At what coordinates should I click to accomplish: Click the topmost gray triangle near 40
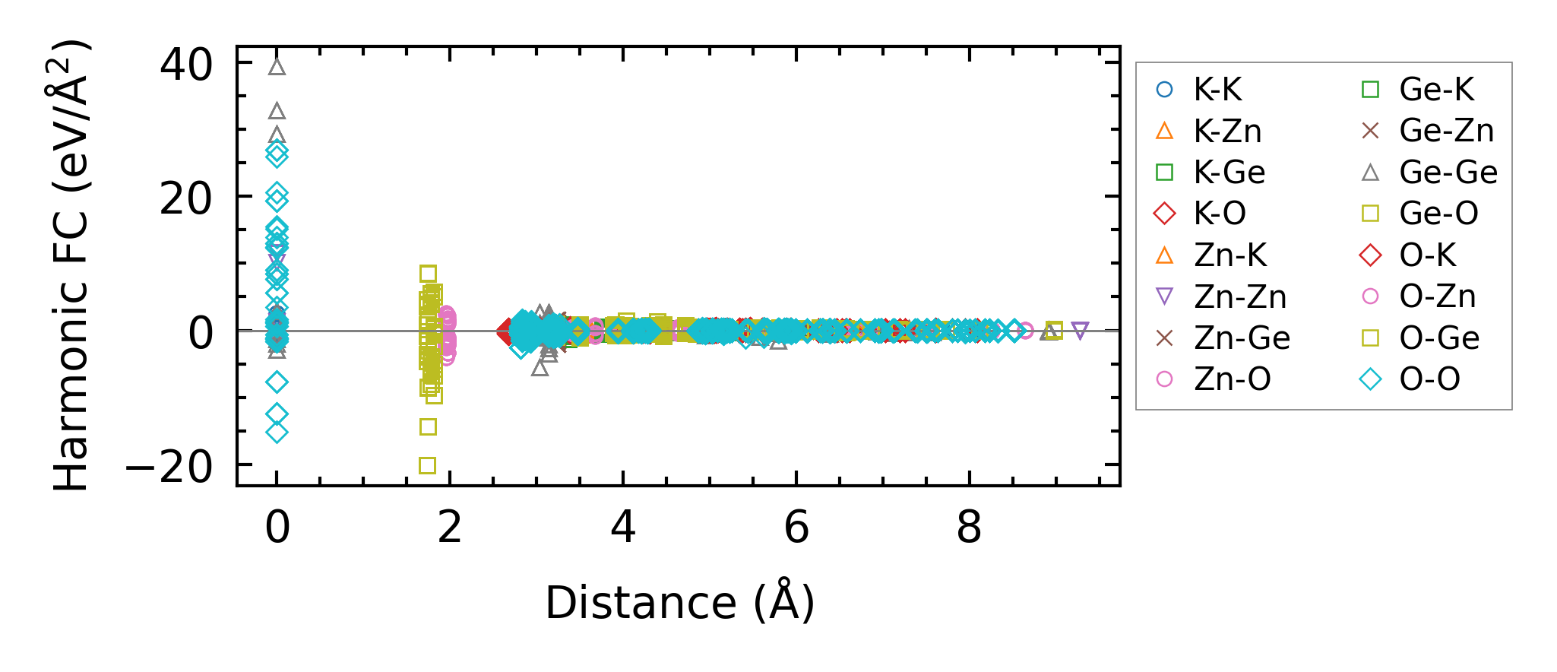tap(277, 67)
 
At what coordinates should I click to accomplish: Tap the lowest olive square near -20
tap(428, 465)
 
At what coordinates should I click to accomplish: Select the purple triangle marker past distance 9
tap(1080, 331)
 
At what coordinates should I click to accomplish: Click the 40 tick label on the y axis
tap(186, 65)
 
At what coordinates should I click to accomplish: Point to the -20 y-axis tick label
tap(169, 466)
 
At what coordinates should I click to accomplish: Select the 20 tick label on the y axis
tap(186, 199)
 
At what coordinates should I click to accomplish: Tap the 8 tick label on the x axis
tap(969, 527)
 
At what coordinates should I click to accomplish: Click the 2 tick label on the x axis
tap(450, 527)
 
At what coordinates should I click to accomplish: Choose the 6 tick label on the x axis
tap(796, 527)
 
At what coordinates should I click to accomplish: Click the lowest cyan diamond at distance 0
tap(277, 433)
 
